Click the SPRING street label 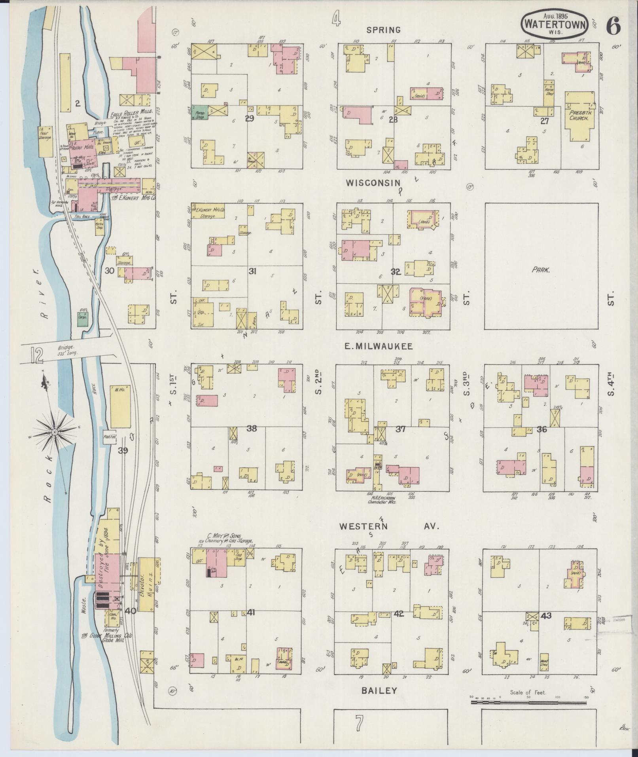[383, 30]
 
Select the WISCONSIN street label [373, 183]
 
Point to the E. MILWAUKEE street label [379, 346]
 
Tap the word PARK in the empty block [541, 269]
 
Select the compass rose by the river [55, 432]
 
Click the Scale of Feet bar [528, 702]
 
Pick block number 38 [252, 429]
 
